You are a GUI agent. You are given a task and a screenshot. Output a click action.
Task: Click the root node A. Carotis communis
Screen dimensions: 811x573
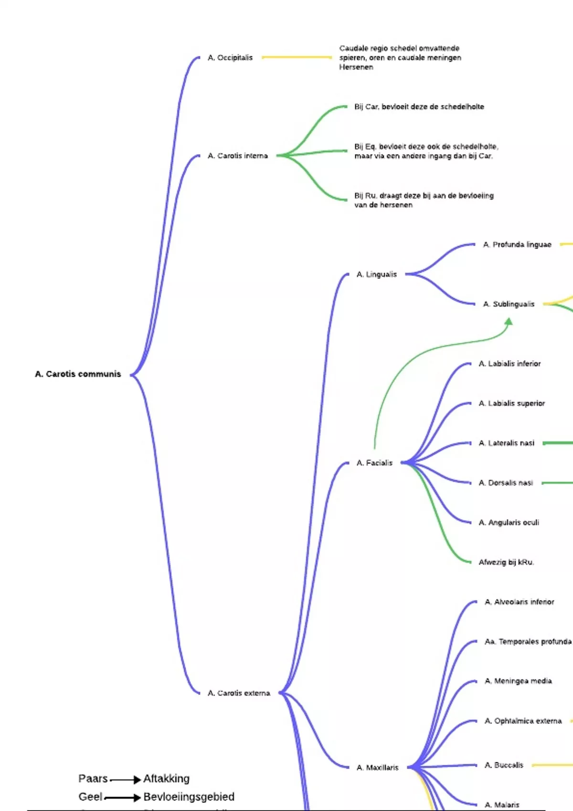78,374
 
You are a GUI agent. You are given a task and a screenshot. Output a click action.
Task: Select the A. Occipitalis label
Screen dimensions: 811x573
230,58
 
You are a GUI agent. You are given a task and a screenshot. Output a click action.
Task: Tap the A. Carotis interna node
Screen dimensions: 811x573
238,156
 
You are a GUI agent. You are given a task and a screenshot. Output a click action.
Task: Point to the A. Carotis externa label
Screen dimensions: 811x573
239,693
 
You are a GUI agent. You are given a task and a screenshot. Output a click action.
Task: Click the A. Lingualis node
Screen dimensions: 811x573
377,274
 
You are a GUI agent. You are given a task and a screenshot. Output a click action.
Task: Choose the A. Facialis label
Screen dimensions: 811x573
374,463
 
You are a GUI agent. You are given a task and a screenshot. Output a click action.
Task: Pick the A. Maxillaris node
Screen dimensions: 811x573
377,768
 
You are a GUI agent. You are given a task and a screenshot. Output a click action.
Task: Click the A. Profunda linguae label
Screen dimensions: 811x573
517,245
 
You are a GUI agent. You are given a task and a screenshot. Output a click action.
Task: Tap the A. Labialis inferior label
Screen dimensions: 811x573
509,364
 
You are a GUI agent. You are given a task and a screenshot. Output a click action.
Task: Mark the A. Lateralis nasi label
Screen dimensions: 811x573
506,443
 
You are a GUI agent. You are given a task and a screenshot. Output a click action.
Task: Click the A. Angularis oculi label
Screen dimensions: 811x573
509,522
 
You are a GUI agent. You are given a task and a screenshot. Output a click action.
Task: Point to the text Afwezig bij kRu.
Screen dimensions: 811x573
506,562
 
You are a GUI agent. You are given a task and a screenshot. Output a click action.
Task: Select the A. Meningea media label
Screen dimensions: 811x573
518,681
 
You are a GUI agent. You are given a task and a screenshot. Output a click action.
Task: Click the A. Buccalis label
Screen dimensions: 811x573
504,765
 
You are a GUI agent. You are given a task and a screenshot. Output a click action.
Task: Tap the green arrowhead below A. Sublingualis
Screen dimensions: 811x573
509,322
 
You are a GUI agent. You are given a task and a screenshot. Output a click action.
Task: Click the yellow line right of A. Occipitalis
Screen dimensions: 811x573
297,57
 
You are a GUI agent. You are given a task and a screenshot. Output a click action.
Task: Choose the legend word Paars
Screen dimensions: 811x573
93,779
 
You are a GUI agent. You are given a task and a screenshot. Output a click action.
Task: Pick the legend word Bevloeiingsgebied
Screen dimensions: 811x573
189,797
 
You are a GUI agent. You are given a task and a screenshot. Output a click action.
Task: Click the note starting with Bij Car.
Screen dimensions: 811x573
419,107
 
